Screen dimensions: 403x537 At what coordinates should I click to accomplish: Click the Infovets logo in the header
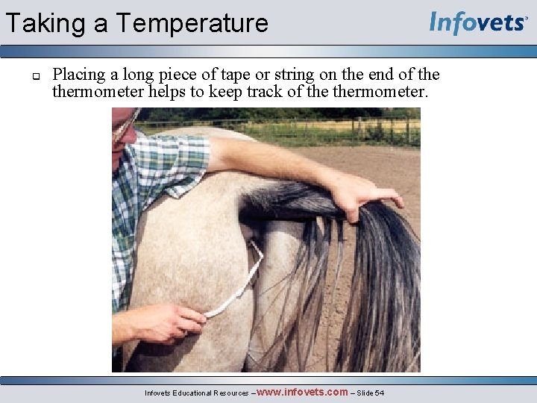(477, 22)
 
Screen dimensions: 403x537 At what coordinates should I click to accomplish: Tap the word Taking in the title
(45, 23)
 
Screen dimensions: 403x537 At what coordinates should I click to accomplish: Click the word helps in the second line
(191, 92)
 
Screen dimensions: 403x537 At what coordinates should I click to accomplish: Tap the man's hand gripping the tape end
(172, 321)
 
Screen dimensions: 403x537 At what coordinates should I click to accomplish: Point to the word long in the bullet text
(139, 75)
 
